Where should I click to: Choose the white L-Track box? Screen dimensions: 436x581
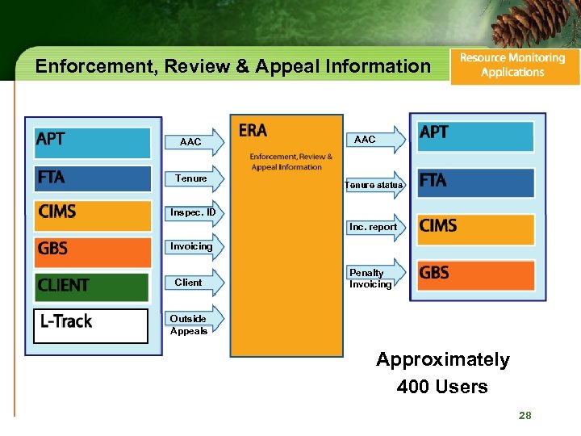(90, 322)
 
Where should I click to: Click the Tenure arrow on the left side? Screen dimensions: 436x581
(193, 178)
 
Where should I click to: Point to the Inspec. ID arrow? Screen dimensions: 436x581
(193, 213)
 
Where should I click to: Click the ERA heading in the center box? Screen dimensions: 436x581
(253, 130)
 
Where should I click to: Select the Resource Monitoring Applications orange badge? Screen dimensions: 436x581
(513, 65)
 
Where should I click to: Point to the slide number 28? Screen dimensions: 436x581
(525, 415)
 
